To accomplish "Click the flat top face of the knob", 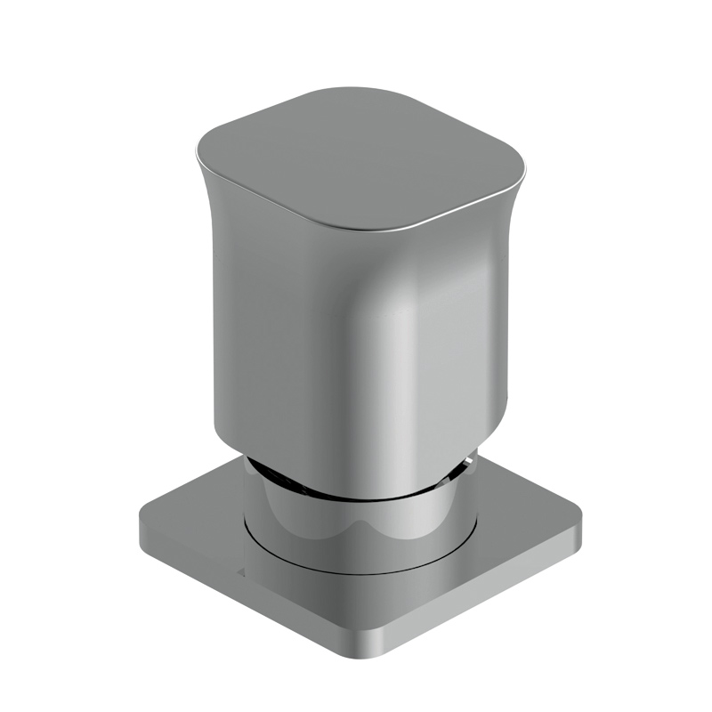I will coord(356,160).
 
